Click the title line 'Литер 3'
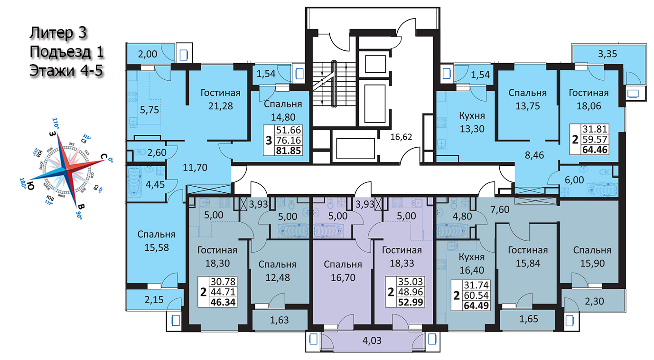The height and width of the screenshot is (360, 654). coord(58,33)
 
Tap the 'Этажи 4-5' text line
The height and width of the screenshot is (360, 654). coord(66,70)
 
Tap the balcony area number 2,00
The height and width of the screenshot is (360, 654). coord(147,55)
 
